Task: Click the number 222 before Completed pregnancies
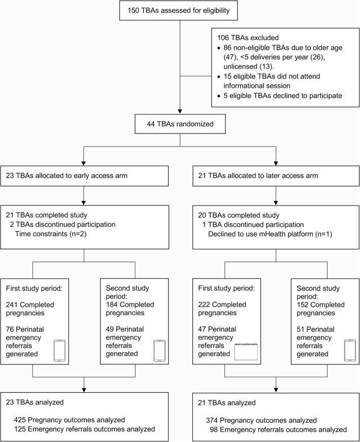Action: click(205, 291)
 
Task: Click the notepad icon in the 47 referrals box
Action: click(247, 337)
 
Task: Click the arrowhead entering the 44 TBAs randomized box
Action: click(179, 112)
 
